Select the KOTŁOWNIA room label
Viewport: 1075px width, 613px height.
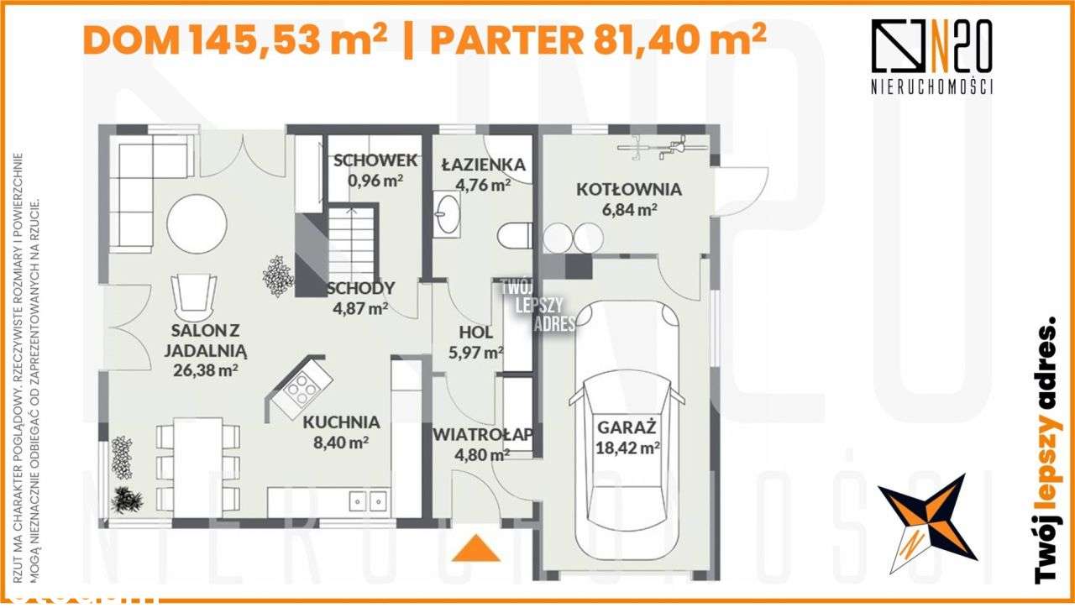pos(629,189)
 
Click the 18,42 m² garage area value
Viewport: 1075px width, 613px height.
pos(627,448)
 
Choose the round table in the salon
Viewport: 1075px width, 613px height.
pos(197,225)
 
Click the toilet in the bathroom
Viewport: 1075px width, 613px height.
pos(513,234)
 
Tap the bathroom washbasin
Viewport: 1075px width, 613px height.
pos(448,212)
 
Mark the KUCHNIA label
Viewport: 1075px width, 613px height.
pos(342,422)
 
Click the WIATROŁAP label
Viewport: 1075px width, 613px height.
pos(483,434)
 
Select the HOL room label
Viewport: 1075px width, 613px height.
pos(475,332)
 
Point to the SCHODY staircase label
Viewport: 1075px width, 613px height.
pos(360,288)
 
